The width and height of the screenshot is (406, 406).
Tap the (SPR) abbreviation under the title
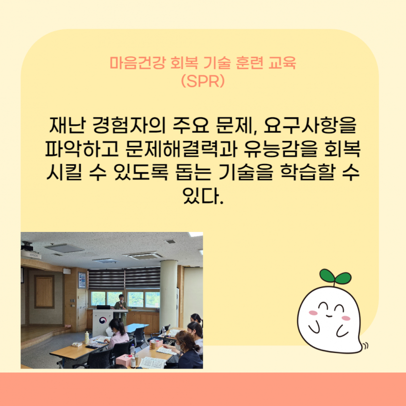(202, 80)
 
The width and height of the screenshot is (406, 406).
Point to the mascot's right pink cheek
(346, 318)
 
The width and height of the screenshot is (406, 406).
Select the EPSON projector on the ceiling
(31, 253)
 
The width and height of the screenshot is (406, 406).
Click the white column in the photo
(168, 292)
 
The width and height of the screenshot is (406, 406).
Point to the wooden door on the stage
(44, 292)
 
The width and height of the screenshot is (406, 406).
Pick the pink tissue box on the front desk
(132, 360)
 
